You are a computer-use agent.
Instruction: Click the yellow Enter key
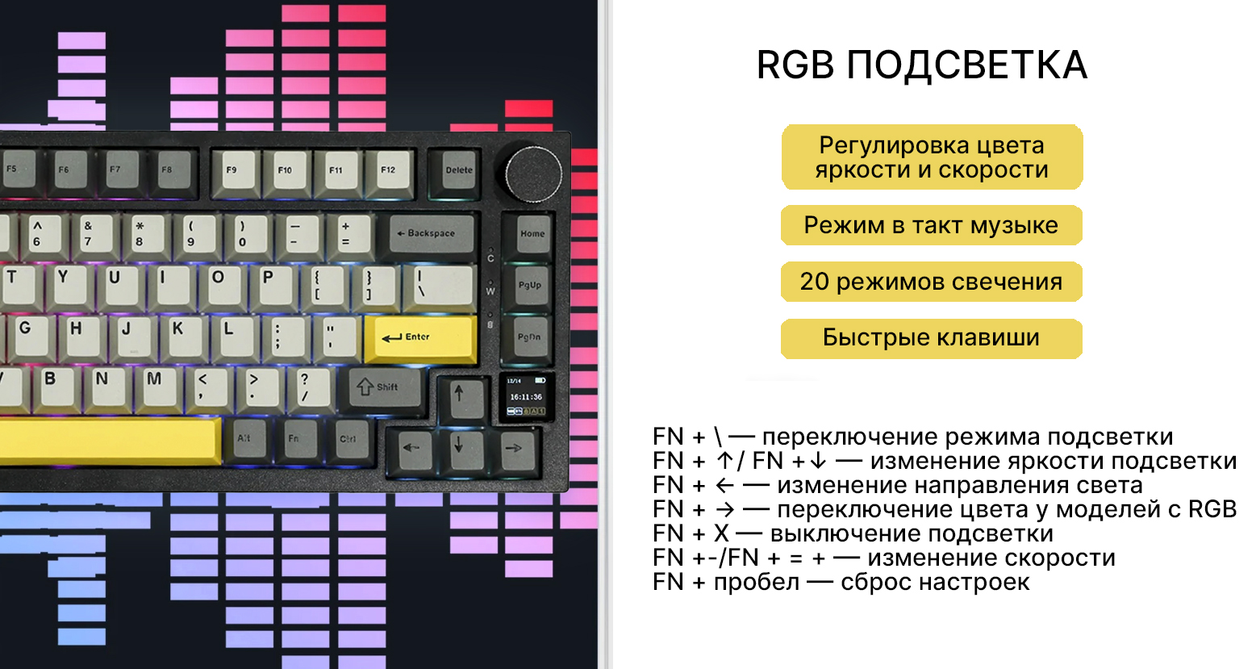pyautogui.click(x=419, y=338)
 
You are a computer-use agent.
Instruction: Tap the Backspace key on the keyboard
pyautogui.click(x=431, y=233)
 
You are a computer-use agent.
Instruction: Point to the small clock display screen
pyautogui.click(x=526, y=396)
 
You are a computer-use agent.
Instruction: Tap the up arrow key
pyautogui.click(x=459, y=395)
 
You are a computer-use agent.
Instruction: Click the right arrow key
pyautogui.click(x=512, y=448)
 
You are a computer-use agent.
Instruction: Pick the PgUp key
pyautogui.click(x=530, y=286)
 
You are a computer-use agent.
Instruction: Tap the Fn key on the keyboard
pyautogui.click(x=294, y=439)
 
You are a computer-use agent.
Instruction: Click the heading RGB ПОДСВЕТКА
pyautogui.click(x=921, y=65)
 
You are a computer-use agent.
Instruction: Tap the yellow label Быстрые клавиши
pyautogui.click(x=931, y=338)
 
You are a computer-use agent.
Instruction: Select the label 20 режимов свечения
pyautogui.click(x=931, y=282)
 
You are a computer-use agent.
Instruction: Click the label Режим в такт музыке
pyautogui.click(x=931, y=225)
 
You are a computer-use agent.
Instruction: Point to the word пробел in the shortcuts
pyautogui.click(x=756, y=582)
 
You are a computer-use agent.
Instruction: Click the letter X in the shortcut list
pyautogui.click(x=721, y=533)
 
